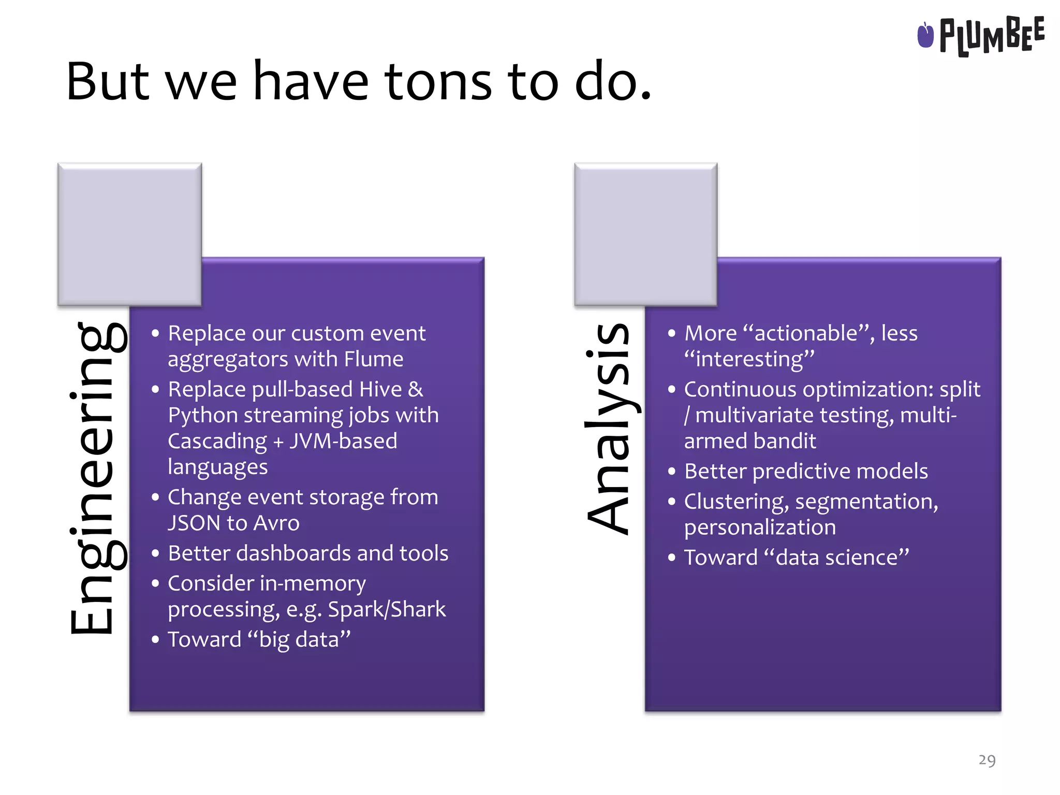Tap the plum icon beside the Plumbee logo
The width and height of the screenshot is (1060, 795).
coord(925,35)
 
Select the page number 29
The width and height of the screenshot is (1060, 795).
coord(987,760)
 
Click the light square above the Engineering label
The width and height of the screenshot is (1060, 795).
coord(129,234)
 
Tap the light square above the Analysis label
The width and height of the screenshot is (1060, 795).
coord(645,234)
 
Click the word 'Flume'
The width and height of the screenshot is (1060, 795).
coord(374,359)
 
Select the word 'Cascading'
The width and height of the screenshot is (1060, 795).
coord(217,441)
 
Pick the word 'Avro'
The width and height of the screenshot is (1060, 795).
coord(276,523)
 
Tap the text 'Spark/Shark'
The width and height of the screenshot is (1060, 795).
coord(387,609)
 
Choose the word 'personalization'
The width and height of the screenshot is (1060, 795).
coord(760,527)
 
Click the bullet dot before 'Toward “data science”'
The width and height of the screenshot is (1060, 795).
coord(671,558)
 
